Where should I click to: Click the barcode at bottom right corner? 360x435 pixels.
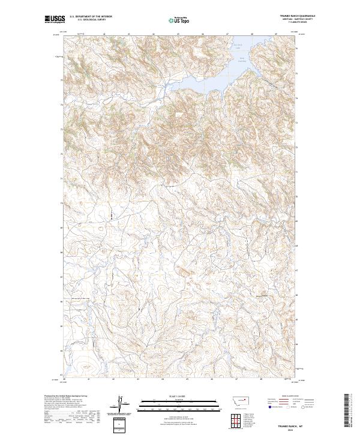point(346,414)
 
